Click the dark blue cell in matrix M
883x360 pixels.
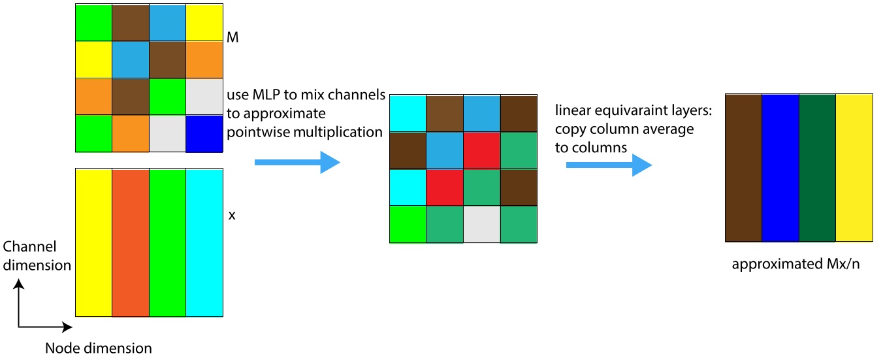[x=204, y=133]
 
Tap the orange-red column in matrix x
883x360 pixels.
[x=131, y=242]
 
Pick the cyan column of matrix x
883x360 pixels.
[x=204, y=242]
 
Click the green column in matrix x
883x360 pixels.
[x=167, y=242]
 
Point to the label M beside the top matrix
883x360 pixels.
[x=232, y=39]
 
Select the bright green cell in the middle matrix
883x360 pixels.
[x=408, y=224]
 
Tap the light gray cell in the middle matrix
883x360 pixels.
[x=482, y=224]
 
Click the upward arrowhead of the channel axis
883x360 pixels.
[x=20, y=284]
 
